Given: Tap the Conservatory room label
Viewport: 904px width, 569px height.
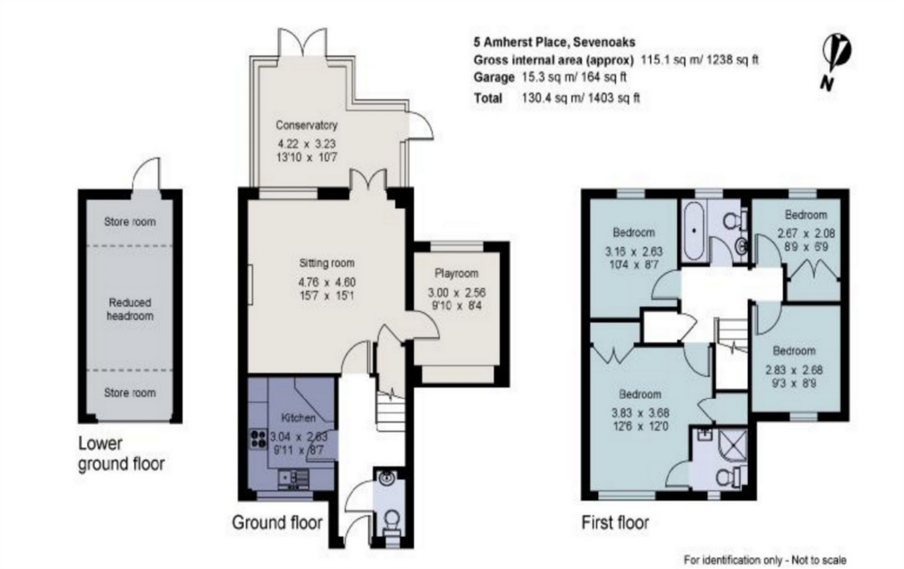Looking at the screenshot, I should (x=307, y=125).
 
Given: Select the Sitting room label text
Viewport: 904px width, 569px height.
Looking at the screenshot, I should (x=326, y=263).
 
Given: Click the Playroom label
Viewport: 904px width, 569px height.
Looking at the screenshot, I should (x=457, y=273).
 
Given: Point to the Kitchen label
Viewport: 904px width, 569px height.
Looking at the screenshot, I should (x=298, y=418).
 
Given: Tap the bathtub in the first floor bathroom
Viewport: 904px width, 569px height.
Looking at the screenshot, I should (x=692, y=231).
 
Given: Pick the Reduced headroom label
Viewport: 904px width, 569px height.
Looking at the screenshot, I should (x=129, y=309).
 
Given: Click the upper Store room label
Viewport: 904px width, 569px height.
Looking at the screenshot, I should (x=129, y=222).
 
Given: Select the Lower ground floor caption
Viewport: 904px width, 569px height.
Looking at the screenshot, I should (x=121, y=453).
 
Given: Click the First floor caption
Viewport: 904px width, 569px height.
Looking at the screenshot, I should (x=615, y=522).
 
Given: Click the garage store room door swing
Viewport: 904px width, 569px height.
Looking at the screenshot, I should (x=147, y=174).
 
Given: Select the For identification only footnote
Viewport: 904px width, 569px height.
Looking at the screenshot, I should (x=764, y=559).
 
